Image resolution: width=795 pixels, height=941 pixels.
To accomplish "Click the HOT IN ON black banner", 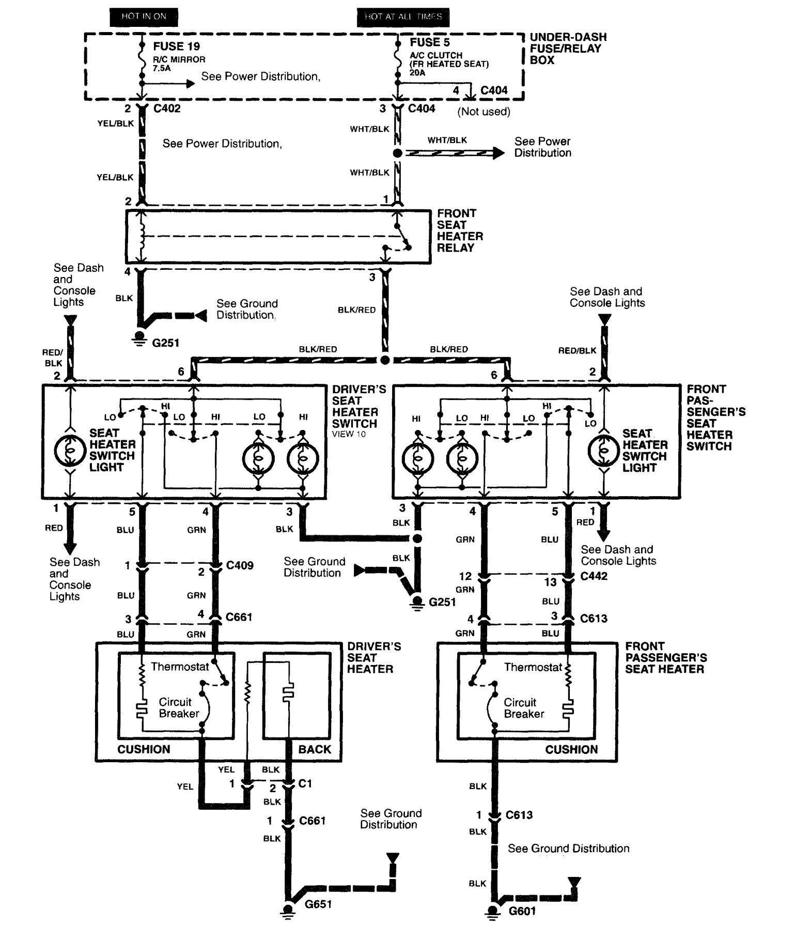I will (144, 17).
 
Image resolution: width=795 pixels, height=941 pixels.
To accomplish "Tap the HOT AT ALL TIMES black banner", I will (403, 17).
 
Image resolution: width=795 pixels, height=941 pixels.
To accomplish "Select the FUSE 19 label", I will (176, 47).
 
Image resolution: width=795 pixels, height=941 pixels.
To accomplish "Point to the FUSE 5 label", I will (430, 42).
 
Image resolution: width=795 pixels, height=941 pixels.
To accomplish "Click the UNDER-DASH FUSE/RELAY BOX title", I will (567, 49).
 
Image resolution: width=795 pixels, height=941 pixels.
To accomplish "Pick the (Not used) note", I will (484, 112).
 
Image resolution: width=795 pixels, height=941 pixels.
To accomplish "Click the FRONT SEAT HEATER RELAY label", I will (460, 230).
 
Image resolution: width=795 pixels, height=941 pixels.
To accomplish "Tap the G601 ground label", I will (522, 911).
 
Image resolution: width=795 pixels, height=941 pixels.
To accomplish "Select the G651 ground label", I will (318, 904).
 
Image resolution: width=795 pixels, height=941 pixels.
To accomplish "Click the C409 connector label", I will (240, 565).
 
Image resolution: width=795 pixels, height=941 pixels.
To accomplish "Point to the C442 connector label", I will (594, 576).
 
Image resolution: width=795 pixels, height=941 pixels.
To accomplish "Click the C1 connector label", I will (305, 783).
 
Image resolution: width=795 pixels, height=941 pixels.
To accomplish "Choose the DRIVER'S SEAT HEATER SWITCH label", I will (358, 407).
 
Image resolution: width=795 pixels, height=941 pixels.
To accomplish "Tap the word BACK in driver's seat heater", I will (314, 749).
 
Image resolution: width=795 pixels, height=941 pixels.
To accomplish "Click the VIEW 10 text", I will (349, 434).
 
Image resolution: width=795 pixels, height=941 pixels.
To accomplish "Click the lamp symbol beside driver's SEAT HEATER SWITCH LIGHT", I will (71, 450).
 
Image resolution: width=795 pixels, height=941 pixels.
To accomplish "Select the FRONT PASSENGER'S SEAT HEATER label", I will (665, 658).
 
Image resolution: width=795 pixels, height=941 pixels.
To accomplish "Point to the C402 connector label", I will (167, 109).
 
